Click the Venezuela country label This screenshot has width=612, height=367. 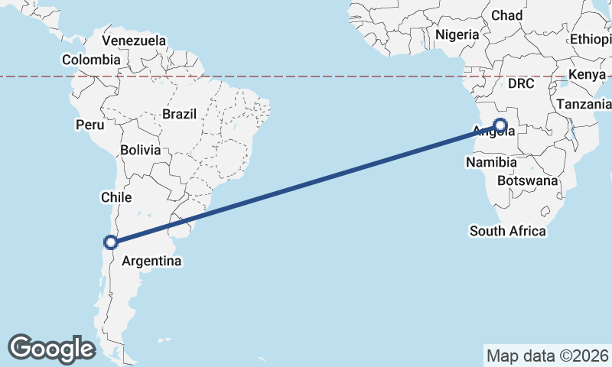coord(134,40)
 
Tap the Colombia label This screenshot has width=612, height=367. coord(91,60)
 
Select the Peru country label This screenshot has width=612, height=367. coord(90,124)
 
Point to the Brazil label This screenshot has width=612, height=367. coord(179,114)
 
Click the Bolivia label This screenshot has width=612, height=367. coord(140,150)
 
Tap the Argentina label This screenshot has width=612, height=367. coord(151,261)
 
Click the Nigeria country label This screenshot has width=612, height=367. coord(457,34)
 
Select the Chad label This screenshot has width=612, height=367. coord(506,15)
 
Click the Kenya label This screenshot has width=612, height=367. coord(587,75)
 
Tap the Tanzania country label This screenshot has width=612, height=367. coord(583,104)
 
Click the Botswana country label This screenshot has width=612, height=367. coord(527,181)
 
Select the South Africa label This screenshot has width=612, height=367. coord(508,231)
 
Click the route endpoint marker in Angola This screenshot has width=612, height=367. coord(500,125)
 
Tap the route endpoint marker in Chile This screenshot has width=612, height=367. coord(111,242)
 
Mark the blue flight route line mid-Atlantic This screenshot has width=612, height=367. coord(306,184)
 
